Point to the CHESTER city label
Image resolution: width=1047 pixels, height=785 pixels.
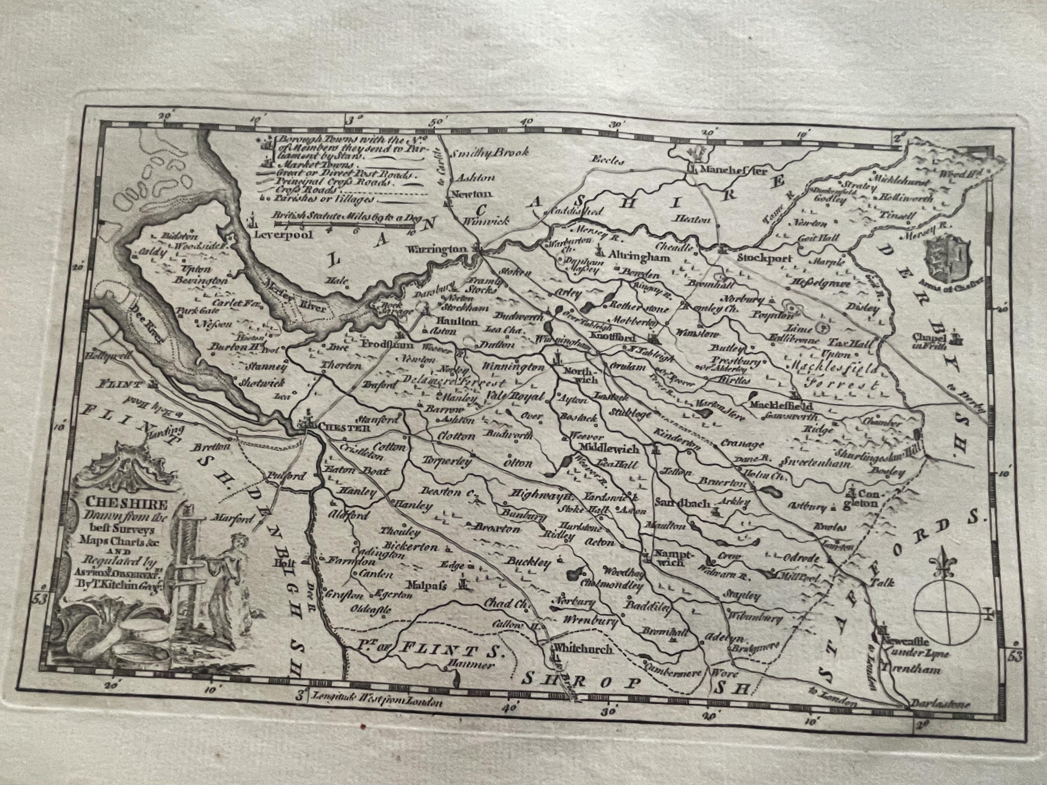[x=343, y=427]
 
